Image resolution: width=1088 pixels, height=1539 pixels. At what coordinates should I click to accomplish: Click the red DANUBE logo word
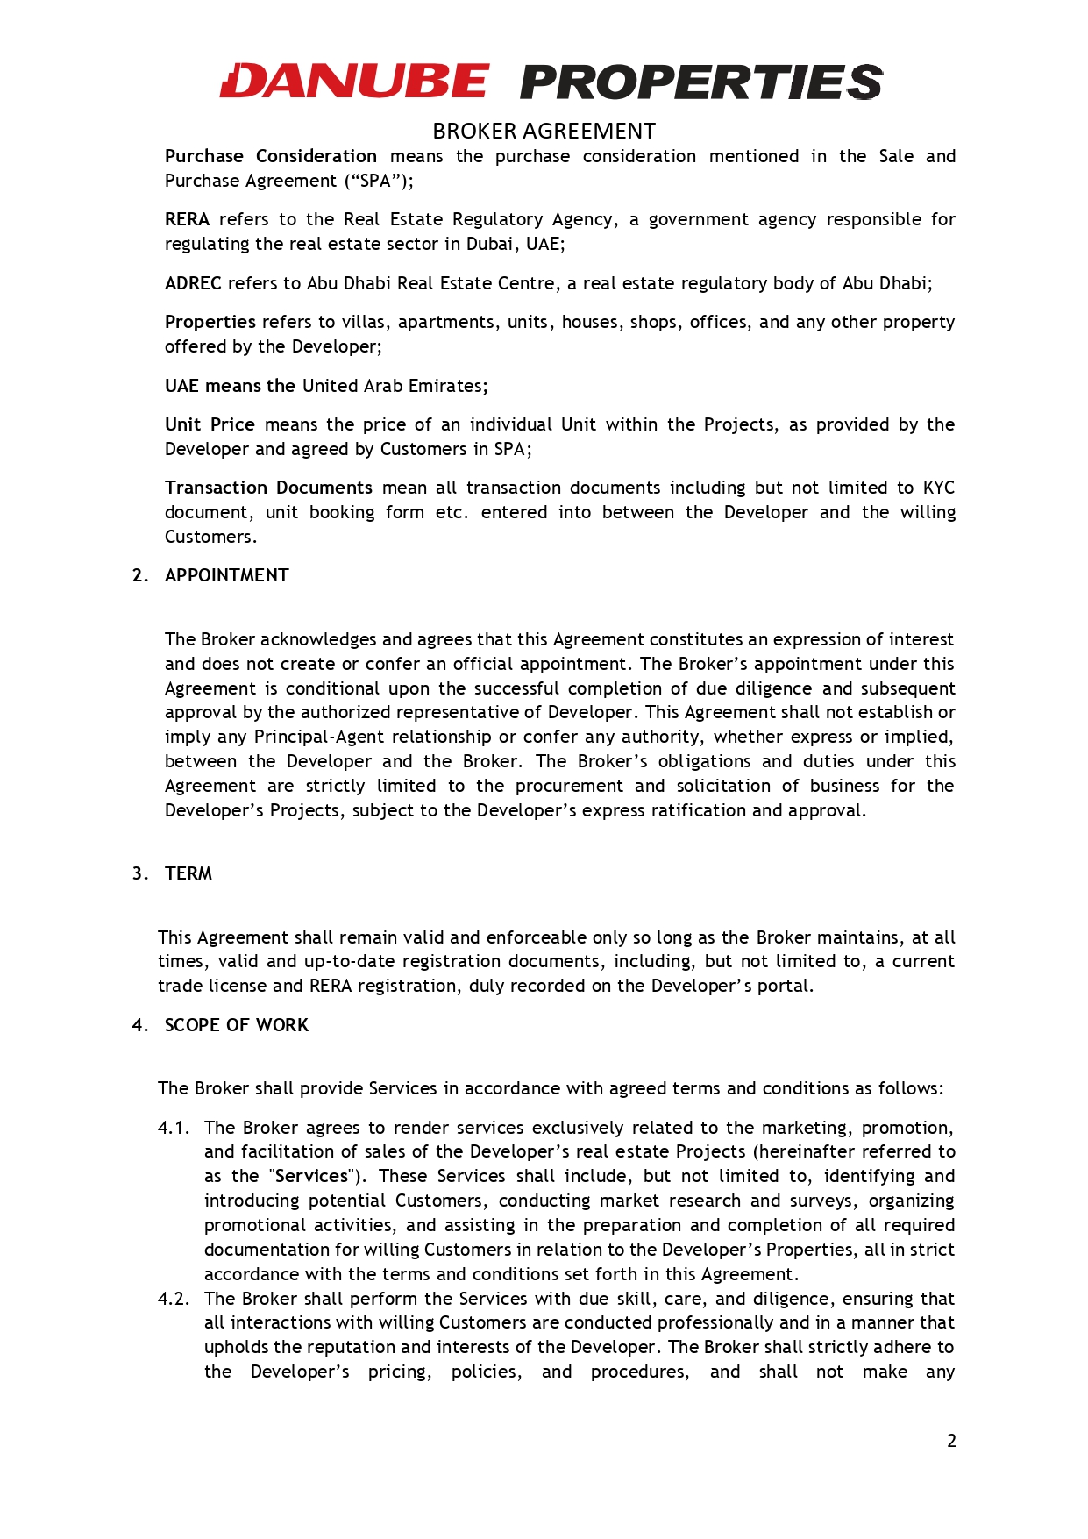click(354, 82)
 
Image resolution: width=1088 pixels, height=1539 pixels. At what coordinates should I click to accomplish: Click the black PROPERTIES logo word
click(701, 82)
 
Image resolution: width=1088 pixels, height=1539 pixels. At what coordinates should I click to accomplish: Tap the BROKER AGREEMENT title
click(544, 132)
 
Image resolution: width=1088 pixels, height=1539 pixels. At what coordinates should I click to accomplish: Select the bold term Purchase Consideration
click(271, 156)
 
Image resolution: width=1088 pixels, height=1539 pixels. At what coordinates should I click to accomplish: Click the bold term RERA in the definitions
click(187, 219)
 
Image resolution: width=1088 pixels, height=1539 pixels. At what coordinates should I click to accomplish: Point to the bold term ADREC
click(193, 283)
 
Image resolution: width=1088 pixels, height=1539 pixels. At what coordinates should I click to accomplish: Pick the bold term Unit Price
click(210, 424)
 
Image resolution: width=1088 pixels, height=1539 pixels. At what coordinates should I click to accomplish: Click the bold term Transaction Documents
click(268, 488)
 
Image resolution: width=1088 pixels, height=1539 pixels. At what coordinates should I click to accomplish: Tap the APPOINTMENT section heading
click(226, 575)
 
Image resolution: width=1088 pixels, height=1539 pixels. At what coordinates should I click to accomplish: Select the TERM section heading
click(188, 873)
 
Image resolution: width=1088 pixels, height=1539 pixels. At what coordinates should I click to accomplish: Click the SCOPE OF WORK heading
click(237, 1025)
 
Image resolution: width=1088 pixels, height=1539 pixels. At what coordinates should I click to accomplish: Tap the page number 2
click(951, 1441)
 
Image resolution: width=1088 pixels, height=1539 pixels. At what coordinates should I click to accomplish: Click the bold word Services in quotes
click(312, 1176)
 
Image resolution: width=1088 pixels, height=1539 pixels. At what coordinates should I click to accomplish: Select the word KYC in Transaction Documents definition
click(938, 488)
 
